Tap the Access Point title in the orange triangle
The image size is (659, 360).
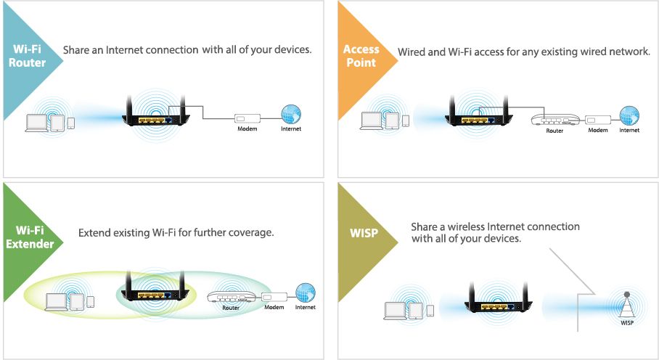[361, 56]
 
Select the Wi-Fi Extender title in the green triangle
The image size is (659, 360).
[30, 237]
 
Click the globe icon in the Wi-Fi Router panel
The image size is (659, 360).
[291, 114]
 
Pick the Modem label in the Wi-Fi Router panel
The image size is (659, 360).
[248, 128]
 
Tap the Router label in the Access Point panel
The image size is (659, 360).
[554, 131]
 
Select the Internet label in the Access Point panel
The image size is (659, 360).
[629, 131]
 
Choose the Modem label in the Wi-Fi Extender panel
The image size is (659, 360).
[274, 308]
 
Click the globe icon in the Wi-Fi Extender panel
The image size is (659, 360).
[306, 292]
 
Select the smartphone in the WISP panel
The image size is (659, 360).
[430, 311]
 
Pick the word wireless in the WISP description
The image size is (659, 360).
[469, 226]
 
